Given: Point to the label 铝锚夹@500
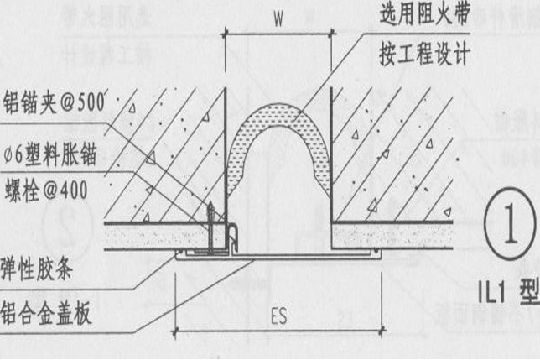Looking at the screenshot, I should click(52, 102).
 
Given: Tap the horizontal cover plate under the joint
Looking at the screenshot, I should click(277, 255).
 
